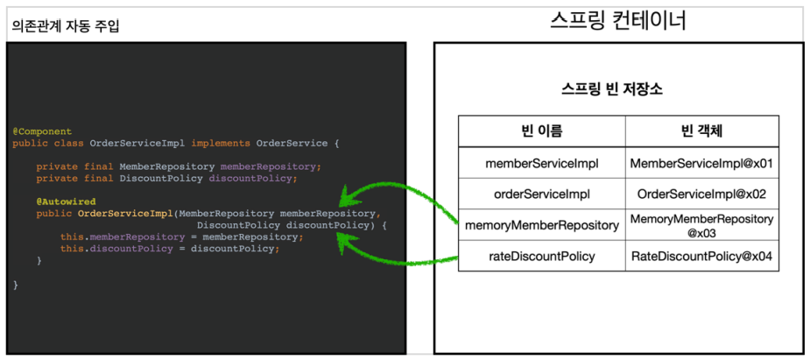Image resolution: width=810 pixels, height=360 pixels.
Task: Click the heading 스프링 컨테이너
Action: [618, 21]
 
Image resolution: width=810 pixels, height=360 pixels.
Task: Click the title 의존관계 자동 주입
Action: [65, 25]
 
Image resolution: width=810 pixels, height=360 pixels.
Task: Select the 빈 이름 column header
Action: [542, 131]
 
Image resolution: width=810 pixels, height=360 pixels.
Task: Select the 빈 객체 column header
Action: [702, 131]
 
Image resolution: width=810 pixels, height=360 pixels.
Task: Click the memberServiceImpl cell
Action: [542, 163]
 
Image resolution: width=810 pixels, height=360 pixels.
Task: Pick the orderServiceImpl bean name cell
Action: [542, 194]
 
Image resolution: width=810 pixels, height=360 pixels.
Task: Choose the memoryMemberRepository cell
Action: [542, 225]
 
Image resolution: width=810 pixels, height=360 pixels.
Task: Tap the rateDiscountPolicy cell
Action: [542, 256]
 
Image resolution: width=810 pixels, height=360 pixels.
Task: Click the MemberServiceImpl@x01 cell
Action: [702, 163]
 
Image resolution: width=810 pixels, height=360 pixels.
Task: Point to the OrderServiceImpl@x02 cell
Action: [702, 194]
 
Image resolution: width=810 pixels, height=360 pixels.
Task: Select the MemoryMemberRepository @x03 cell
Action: [702, 226]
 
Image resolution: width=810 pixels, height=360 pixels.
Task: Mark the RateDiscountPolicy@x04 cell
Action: [702, 256]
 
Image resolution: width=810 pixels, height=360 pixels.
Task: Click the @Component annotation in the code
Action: [42, 131]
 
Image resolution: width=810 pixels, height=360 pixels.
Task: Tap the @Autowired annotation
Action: [67, 201]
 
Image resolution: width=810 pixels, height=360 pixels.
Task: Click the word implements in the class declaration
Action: [221, 143]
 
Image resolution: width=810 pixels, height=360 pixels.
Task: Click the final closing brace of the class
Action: [16, 285]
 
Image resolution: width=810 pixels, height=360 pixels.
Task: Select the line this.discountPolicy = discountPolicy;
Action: [170, 249]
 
